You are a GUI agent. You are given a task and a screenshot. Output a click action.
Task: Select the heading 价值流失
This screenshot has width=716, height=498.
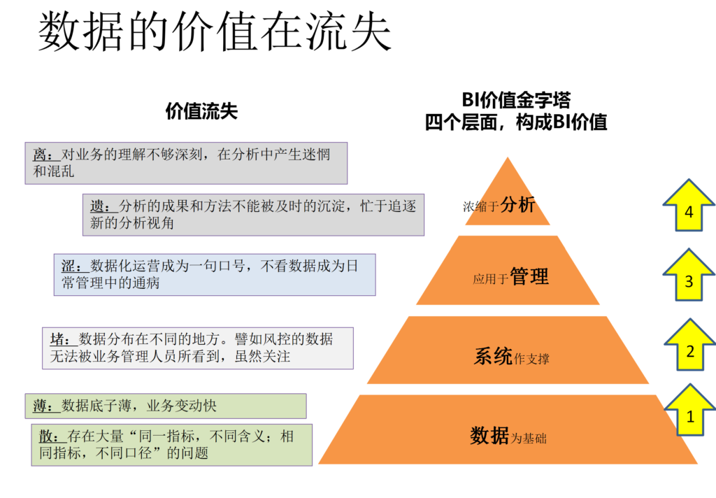coord(201,111)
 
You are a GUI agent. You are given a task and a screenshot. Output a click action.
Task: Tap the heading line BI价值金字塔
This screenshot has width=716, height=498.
coord(516,99)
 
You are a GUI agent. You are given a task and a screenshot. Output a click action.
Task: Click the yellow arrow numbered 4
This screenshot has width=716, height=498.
coord(689,206)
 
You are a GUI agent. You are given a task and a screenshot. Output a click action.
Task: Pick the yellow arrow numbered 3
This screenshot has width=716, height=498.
coord(689,275)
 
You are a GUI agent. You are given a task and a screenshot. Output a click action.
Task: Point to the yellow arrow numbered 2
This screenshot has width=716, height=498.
coord(690,345)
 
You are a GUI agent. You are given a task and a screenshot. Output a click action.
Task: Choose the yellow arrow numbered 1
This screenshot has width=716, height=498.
coord(690,411)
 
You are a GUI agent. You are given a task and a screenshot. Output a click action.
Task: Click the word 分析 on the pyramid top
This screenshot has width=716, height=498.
coord(517,204)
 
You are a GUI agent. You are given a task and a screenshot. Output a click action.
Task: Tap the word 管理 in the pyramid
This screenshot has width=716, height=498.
coord(529,276)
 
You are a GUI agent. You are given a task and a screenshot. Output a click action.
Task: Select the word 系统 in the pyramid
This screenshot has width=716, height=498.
coord(493,356)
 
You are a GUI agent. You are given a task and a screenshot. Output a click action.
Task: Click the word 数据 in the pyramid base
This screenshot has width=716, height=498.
coord(489,436)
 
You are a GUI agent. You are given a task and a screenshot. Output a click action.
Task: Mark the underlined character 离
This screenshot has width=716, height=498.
coord(40,155)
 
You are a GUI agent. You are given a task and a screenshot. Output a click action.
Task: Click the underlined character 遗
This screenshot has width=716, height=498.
coord(97,206)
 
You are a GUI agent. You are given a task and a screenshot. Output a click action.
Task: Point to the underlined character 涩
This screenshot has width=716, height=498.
coord(69,266)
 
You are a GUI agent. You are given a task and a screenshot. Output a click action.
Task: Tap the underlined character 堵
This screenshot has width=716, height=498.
coord(57,339)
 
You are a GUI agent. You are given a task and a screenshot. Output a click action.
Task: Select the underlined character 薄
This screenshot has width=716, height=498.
coord(40,406)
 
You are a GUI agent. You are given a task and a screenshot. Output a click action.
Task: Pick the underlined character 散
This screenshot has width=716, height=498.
coord(46,436)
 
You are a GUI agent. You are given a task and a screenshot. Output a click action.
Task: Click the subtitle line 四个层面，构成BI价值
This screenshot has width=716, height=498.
coord(516,122)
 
